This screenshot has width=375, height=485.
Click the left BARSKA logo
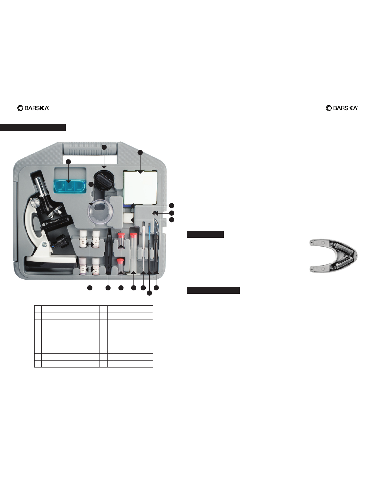33,108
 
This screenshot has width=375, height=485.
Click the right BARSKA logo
342,108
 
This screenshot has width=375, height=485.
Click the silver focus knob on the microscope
36,203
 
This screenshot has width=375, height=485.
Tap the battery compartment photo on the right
333,256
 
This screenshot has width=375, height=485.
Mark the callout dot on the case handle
104,147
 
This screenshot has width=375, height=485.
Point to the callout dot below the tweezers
108,288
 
